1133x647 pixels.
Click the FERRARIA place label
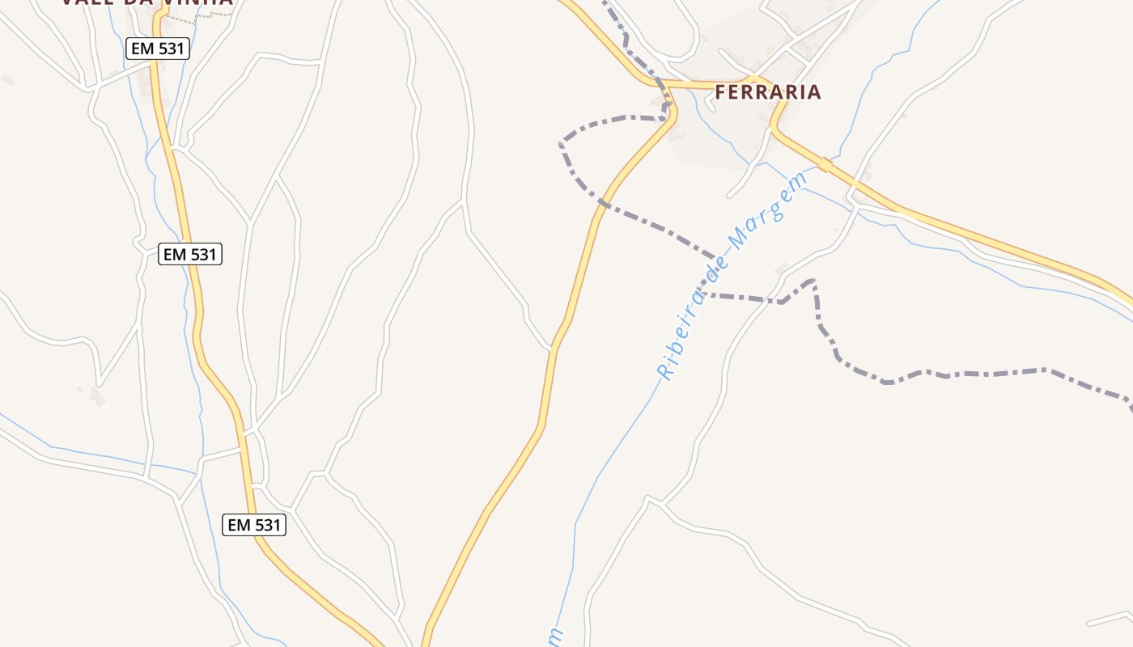coord(768,92)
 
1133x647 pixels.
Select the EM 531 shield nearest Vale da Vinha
coord(159,49)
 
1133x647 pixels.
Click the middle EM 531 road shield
coord(190,254)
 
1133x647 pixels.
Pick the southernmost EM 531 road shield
coord(254,525)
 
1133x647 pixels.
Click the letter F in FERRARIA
coord(720,92)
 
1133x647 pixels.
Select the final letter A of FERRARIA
coord(815,92)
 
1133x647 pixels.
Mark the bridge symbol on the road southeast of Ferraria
coord(825,165)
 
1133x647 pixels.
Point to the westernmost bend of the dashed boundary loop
coord(560,145)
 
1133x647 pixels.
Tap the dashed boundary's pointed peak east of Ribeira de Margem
coord(812,281)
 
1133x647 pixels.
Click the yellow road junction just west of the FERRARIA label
coord(665,84)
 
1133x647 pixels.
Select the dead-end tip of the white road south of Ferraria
coord(728,196)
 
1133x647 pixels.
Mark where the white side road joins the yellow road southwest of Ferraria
coord(552,349)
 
